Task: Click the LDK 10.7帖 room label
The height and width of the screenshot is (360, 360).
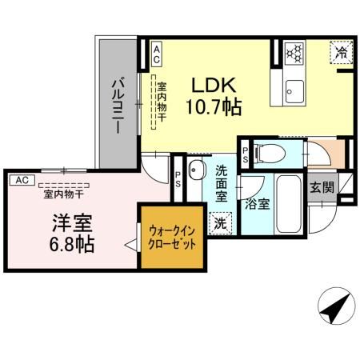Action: pos(214,94)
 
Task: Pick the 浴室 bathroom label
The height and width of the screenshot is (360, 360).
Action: pos(258,204)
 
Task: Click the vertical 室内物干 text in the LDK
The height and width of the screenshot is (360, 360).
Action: pos(161,102)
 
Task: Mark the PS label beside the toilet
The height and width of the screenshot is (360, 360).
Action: pos(245,150)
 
